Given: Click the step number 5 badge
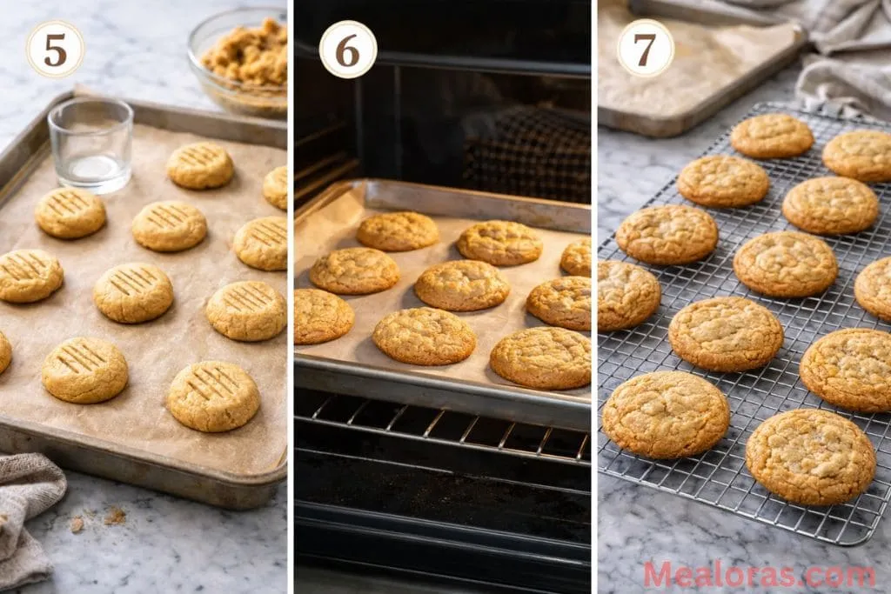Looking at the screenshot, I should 55,50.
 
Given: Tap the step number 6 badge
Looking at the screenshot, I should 348,50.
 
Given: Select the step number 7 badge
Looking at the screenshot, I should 646,49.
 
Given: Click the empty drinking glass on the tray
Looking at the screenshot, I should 90,143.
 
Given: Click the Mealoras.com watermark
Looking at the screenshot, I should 759,575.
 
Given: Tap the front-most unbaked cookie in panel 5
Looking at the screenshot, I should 213,396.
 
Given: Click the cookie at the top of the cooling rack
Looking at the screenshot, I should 772,136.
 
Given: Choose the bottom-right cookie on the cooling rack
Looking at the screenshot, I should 810,457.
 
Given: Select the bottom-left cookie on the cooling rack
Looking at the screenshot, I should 666,414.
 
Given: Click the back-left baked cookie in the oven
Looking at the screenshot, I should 398,230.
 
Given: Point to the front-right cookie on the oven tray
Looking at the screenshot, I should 540,357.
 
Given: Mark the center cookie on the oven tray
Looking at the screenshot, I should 461,285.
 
